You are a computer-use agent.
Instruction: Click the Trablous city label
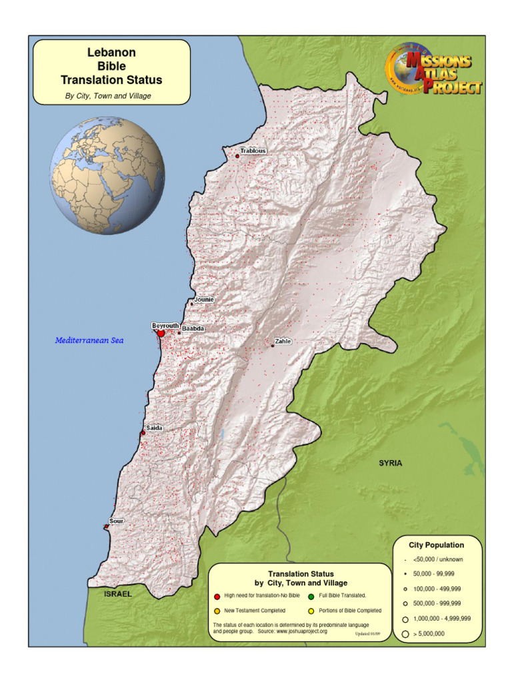click(253, 151)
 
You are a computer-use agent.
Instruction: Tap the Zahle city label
click(283, 341)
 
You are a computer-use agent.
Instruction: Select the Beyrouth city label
click(165, 326)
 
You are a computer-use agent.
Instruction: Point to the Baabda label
click(193, 329)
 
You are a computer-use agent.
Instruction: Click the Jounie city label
click(204, 300)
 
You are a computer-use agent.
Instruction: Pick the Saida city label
click(154, 428)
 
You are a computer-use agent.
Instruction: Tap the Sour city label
click(117, 521)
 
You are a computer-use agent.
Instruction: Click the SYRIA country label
click(391, 463)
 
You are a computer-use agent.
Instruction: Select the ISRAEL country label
click(118, 594)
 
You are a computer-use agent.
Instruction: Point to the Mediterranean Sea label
click(89, 340)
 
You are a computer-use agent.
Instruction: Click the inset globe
click(107, 175)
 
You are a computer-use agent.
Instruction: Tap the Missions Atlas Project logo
click(434, 70)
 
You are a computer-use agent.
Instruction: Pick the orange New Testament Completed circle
click(217, 610)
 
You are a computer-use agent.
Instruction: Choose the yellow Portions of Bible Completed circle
click(311, 610)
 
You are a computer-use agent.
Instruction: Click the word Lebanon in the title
click(111, 52)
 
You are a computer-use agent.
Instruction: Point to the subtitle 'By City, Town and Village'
click(108, 96)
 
